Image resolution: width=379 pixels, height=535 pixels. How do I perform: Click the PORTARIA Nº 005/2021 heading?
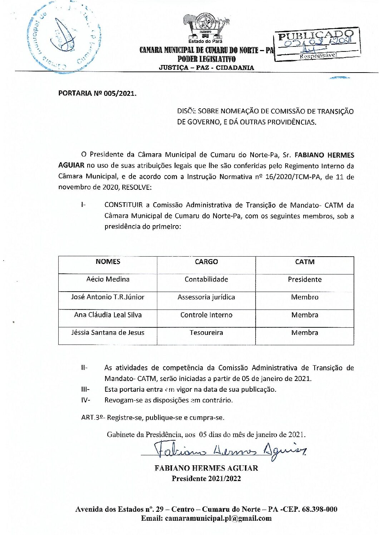[x=97, y=94]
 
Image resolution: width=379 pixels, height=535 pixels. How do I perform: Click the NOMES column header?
[x=108, y=262]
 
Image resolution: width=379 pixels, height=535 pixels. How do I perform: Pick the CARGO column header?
[x=206, y=262]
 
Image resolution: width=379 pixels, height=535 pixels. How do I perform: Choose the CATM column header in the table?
[x=305, y=262]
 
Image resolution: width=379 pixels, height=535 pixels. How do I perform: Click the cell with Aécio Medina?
[x=108, y=279]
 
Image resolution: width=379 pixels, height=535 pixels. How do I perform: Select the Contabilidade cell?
[x=206, y=279]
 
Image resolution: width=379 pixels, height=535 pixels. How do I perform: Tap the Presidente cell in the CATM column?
[x=305, y=279]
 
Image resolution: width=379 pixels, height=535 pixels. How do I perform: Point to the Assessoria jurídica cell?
[x=206, y=297]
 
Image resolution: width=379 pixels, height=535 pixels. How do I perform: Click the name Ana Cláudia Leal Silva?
[x=108, y=315]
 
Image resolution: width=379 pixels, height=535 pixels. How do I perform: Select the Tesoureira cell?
[x=206, y=333]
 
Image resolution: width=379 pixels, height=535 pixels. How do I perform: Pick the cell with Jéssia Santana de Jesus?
[x=108, y=333]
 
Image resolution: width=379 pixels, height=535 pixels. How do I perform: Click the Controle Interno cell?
[x=206, y=315]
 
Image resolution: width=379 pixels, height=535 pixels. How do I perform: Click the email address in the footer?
[x=206, y=518]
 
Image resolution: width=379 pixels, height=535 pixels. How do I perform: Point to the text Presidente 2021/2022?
[x=206, y=479]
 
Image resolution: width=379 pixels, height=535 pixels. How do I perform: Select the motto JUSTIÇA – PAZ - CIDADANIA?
[x=206, y=68]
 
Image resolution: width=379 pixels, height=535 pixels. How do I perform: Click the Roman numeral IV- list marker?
[x=85, y=400]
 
